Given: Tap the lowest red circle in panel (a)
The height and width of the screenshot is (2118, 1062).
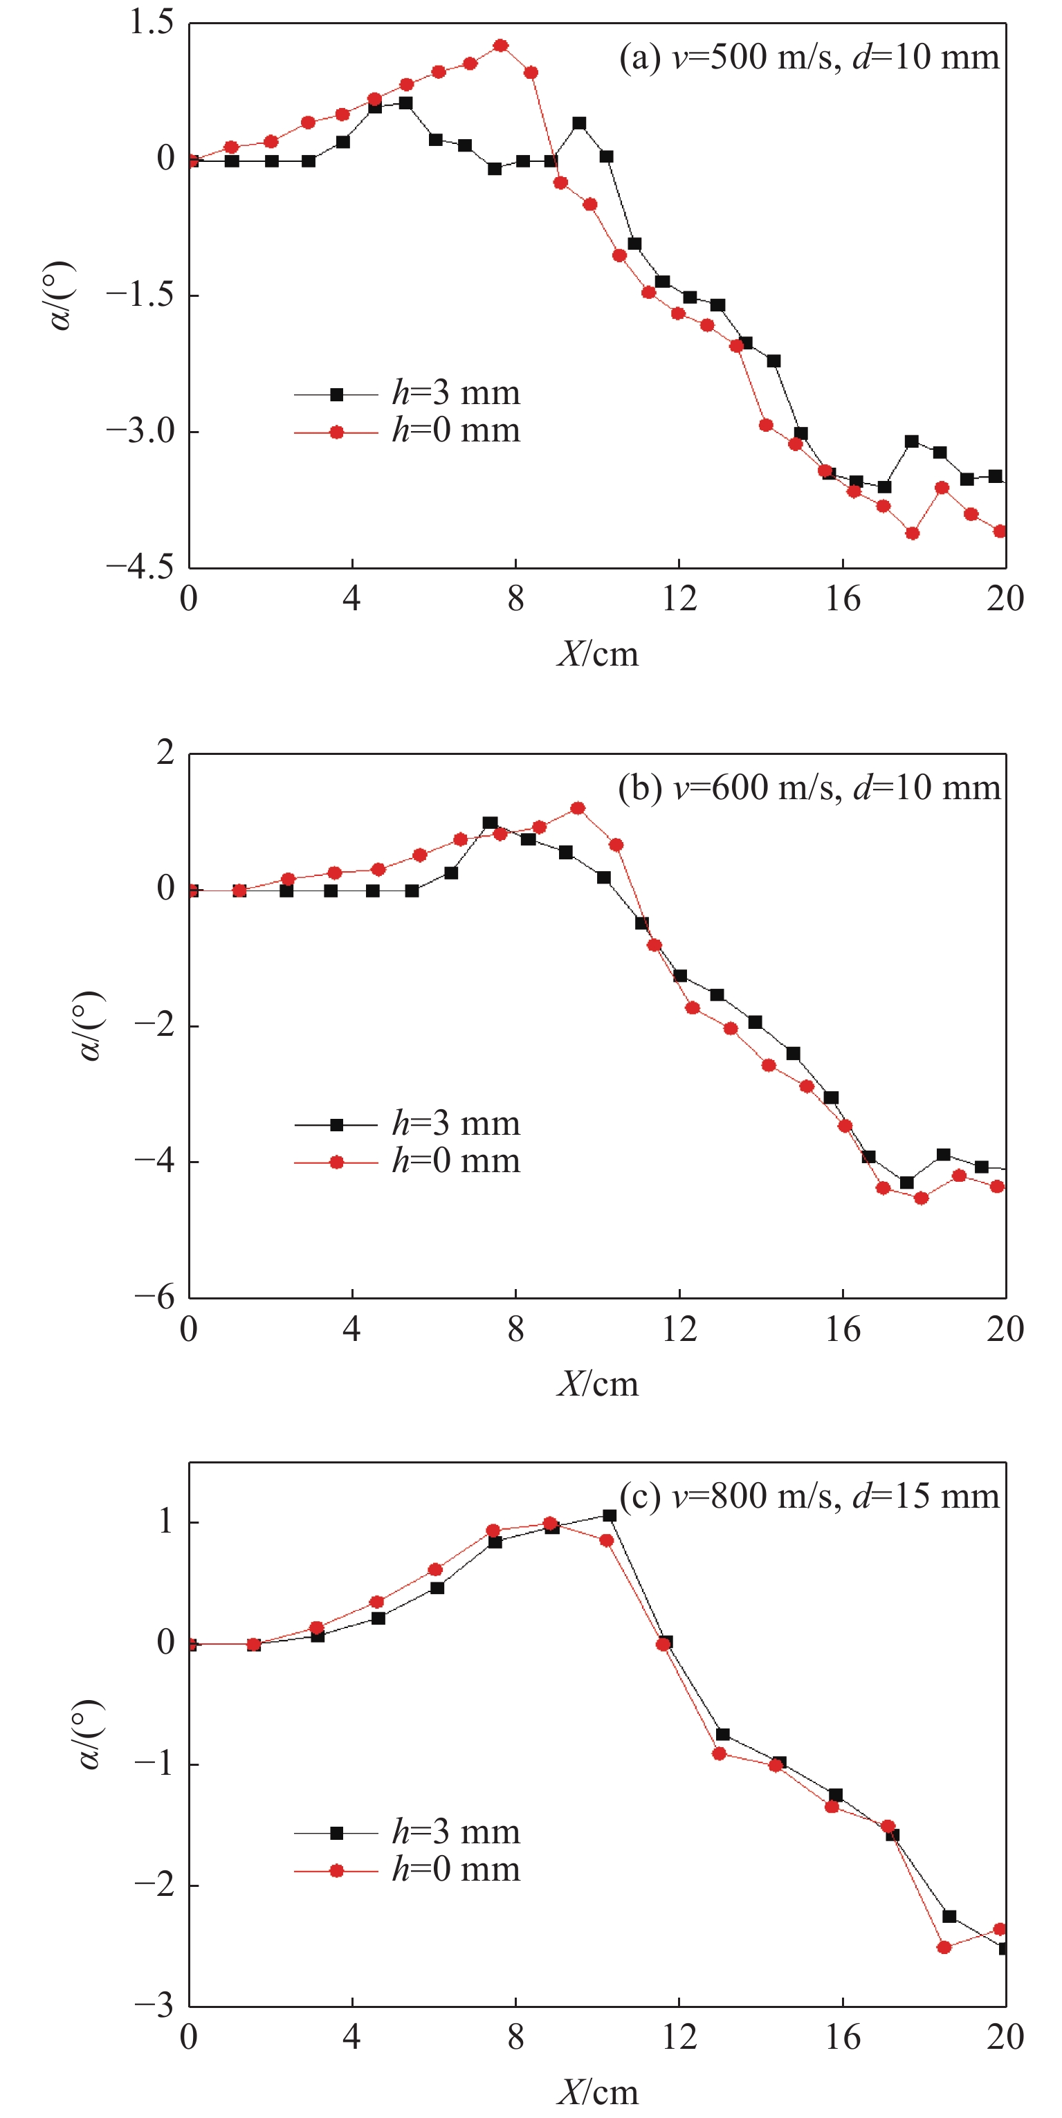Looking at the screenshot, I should point(913,533).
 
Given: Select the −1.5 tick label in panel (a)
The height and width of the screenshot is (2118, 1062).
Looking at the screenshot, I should point(140,294).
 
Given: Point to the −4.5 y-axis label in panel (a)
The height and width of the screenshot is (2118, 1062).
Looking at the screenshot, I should point(140,567).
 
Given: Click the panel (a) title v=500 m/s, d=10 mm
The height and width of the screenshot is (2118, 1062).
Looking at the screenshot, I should point(809,57).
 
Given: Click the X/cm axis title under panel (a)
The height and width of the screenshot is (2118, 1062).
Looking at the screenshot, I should point(598,654).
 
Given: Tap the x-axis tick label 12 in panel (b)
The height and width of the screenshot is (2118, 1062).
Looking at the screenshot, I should point(679,1329).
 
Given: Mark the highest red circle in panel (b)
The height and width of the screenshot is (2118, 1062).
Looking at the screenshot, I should point(578,808).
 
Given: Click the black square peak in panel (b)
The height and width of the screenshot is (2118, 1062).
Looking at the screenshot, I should point(490,823).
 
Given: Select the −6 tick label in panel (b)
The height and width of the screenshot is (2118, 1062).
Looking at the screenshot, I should point(154,1297).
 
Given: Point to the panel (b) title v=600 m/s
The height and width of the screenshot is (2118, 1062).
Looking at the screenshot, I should point(809,787).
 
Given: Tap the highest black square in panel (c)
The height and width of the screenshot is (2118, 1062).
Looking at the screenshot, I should point(609,1515).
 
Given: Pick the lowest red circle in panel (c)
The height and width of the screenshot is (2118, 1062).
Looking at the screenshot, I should point(944,1947).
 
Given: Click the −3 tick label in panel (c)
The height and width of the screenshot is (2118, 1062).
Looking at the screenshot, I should point(154,2005).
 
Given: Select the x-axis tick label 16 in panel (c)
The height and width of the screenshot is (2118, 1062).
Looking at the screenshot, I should point(843,2038).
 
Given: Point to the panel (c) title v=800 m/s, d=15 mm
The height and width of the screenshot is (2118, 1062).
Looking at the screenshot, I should point(809,1497).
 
